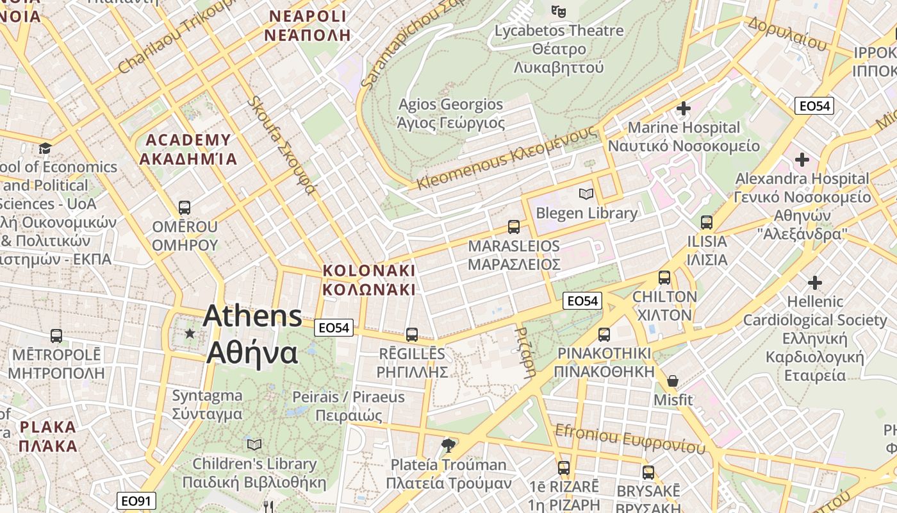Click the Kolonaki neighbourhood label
click(369, 280)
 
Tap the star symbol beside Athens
click(190, 333)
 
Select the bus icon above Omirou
click(185, 208)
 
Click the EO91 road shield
click(137, 501)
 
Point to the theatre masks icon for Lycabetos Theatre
click(559, 11)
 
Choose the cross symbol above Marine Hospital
click(684, 108)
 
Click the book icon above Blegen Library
click(586, 194)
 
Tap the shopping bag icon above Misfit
click(673, 381)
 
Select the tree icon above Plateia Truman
click(448, 445)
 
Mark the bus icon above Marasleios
click(514, 226)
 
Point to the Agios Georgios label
click(451, 114)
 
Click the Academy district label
click(188, 149)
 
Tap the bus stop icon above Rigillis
click(412, 334)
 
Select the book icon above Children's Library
click(254, 444)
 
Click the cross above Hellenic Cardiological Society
click(814, 282)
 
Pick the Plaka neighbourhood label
click(48, 436)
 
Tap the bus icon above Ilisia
click(707, 223)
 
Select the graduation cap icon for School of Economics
click(45, 149)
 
